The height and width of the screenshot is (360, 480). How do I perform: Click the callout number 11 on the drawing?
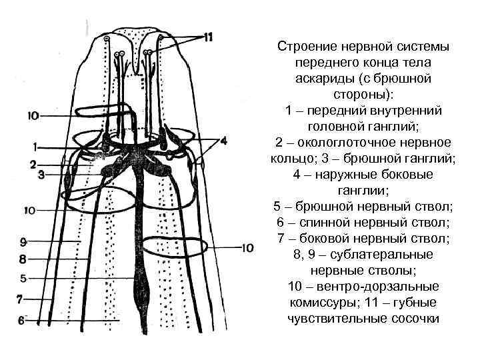[208, 37]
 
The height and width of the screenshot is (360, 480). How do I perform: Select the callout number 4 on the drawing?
[223, 141]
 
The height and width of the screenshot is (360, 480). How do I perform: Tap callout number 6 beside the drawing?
[21, 321]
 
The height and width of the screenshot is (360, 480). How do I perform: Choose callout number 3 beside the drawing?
[41, 175]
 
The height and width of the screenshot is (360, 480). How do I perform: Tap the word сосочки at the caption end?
[416, 319]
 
